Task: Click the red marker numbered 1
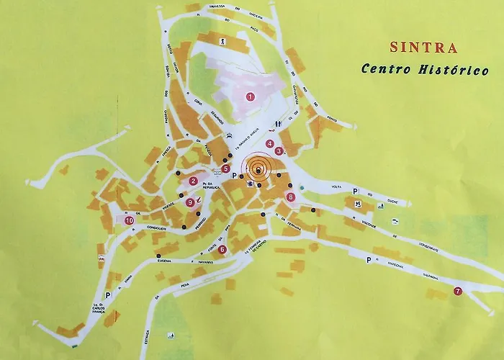click(x=251, y=96)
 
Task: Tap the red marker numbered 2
click(x=193, y=181)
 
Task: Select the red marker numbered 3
click(x=279, y=151)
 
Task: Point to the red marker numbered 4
click(x=269, y=144)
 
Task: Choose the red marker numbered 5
click(x=225, y=169)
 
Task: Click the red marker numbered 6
click(x=222, y=250)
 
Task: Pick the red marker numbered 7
click(x=457, y=292)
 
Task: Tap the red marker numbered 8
click(x=290, y=197)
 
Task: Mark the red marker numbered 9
click(x=190, y=203)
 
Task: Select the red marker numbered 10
click(x=129, y=221)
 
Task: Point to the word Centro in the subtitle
click(x=386, y=71)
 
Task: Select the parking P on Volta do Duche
click(x=355, y=190)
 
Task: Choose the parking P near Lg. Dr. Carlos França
click(x=108, y=294)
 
